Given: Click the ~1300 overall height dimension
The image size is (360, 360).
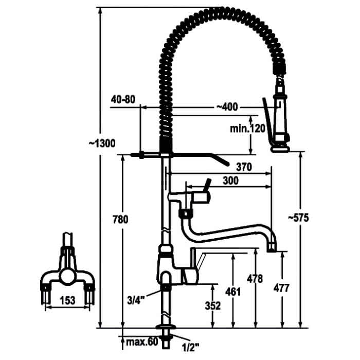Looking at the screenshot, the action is (102, 143).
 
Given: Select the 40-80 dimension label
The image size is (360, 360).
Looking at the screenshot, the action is (123, 99).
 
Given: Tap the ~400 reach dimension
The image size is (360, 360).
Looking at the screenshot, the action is (227, 107).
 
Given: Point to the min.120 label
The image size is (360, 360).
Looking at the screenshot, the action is (247, 129).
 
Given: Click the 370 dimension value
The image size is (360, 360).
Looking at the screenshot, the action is (244, 167).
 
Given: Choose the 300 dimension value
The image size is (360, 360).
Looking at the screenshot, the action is (230, 181).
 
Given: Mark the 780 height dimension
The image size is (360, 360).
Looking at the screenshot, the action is (120, 220).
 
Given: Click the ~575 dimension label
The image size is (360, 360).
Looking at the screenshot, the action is (298, 218).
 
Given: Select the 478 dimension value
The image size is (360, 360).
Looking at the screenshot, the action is (255, 279).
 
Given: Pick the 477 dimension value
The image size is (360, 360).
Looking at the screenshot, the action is (281, 288).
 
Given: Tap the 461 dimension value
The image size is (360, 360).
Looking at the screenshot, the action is (233, 292).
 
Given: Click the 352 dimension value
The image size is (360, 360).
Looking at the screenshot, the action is (212, 305).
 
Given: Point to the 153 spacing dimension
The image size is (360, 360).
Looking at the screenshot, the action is (67, 300).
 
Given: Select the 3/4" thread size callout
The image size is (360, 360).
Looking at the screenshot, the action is (136, 300).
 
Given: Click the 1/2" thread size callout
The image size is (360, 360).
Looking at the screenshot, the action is (190, 348).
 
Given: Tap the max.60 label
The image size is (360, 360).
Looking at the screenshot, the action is (142, 342).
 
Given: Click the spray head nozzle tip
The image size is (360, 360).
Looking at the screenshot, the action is (280, 150).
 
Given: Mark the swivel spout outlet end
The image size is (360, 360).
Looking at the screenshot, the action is (273, 248).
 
